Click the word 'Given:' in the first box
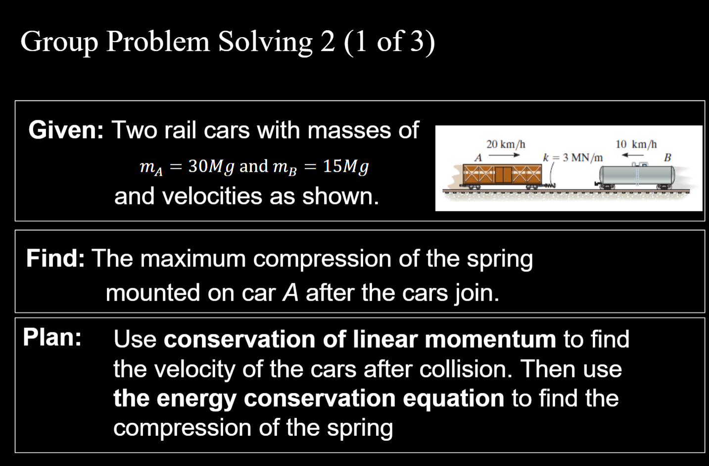pos(66,130)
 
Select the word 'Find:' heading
pos(55,259)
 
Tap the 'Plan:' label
pos(52,338)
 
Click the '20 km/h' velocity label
pos(505,144)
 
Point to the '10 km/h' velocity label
pos(636,144)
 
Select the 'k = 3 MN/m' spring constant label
pos(573,157)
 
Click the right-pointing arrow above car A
pos(504,155)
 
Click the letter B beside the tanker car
pos(667,157)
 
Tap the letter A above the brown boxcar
pos(478,158)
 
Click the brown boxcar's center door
pos(503,174)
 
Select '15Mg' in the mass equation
pos(345,166)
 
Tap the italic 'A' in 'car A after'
pos(290,293)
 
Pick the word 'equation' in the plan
pos(453,399)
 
